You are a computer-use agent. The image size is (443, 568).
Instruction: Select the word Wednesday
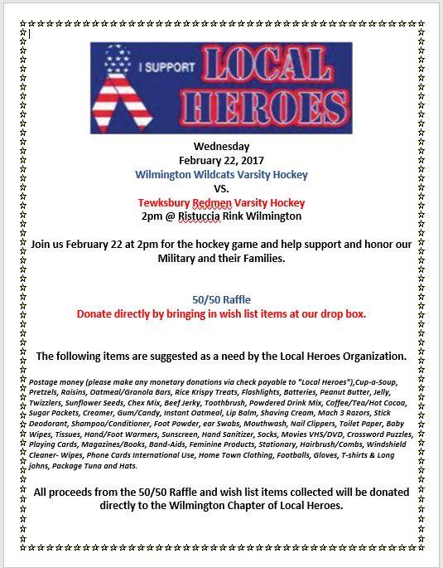[220, 146]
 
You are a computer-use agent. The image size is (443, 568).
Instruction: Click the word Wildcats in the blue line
[219, 174]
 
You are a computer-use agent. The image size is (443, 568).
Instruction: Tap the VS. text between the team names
[220, 188]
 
